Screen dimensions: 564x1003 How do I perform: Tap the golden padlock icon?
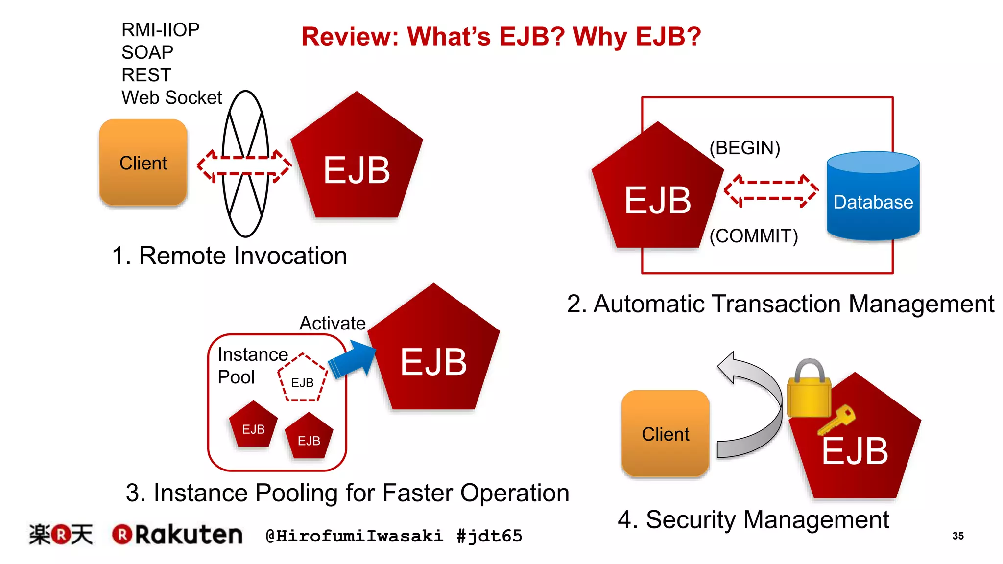click(x=809, y=389)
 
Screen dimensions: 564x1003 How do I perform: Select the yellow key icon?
click(x=836, y=420)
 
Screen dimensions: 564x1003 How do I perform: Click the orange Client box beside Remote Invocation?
click(x=143, y=163)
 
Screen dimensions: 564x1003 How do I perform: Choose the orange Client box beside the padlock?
click(x=665, y=433)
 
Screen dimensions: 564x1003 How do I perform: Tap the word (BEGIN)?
click(x=744, y=148)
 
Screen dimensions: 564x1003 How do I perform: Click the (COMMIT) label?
click(x=754, y=236)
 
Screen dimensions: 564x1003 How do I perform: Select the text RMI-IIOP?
click(x=160, y=30)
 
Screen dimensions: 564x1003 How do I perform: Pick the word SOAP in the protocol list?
click(x=147, y=52)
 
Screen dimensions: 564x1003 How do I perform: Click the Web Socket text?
click(x=171, y=98)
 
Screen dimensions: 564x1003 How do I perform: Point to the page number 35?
click(x=958, y=536)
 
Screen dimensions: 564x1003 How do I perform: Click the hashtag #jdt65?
click(x=489, y=536)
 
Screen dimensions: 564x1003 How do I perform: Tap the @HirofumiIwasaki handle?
click(x=354, y=536)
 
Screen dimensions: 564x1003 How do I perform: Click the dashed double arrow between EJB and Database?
click(x=771, y=191)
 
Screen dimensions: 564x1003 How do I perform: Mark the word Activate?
click(x=333, y=323)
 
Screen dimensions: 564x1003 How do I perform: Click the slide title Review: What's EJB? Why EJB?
click(x=501, y=37)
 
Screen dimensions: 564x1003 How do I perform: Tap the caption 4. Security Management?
click(x=753, y=519)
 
